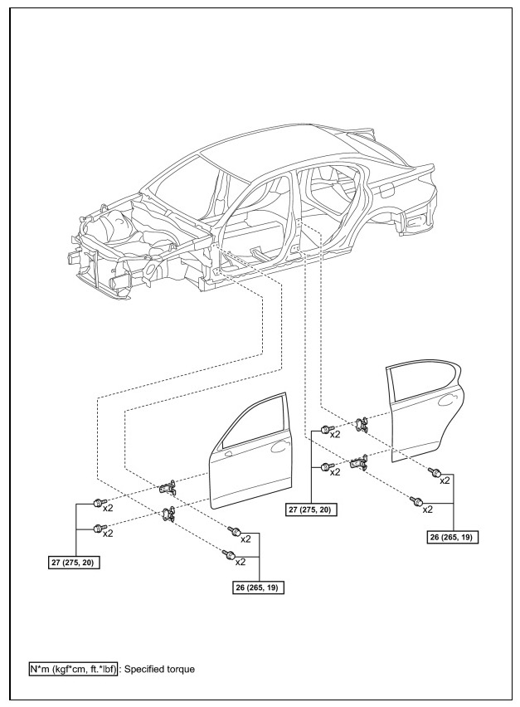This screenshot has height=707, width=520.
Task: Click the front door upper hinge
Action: tap(168, 486)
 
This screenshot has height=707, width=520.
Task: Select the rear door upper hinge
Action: tap(361, 425)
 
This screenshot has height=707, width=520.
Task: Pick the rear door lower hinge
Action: tap(360, 462)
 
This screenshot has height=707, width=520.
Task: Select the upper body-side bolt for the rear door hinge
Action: tap(326, 430)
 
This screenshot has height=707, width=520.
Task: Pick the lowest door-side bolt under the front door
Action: tap(225, 553)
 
